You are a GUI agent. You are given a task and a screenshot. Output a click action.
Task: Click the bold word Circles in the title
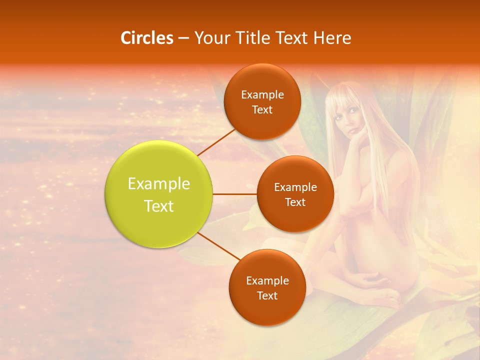tap(146, 38)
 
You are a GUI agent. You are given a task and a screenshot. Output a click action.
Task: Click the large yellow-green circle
tap(159, 194)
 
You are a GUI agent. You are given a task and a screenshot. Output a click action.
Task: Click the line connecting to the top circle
tap(216, 141)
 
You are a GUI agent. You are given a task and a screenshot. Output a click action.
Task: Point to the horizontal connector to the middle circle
tap(235, 194)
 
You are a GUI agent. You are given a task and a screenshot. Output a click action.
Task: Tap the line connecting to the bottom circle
tap(219, 246)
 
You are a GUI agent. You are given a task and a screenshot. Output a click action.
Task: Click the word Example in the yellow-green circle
tap(159, 184)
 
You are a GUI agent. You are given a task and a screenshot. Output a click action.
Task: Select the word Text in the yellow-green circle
tap(159, 206)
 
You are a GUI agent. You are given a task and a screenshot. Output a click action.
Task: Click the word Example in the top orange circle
tap(262, 95)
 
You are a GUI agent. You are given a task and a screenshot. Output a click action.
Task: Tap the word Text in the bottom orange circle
tap(267, 296)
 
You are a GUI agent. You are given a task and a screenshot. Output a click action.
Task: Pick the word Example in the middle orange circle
tap(295, 187)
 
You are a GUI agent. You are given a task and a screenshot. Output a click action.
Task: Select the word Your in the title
tap(208, 38)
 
